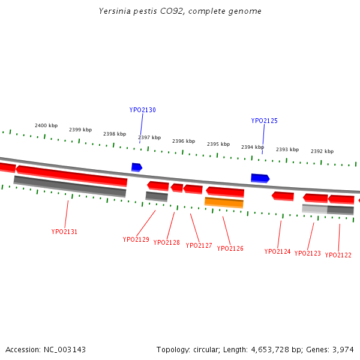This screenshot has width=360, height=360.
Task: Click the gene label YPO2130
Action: point(142,110)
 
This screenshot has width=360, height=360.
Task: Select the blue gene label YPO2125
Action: point(264,121)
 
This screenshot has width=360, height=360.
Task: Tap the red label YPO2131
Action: point(64,232)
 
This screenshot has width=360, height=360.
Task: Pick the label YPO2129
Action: point(136,239)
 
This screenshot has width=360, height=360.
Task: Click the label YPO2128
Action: point(166,243)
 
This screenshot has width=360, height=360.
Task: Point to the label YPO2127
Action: point(199,245)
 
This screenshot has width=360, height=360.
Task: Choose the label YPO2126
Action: point(230,248)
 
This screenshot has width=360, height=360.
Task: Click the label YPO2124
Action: point(277,251)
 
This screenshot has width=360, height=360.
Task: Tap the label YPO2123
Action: point(307,253)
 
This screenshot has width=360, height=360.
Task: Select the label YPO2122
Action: point(338,255)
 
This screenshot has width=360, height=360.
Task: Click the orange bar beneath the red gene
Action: point(224,202)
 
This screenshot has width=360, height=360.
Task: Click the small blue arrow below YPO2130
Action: point(137,167)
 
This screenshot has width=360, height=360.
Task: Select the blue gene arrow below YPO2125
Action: point(260,178)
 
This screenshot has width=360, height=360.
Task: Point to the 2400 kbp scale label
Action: point(46,125)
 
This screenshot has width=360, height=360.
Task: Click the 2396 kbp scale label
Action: point(184,141)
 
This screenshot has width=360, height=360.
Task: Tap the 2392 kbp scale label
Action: point(322,151)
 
